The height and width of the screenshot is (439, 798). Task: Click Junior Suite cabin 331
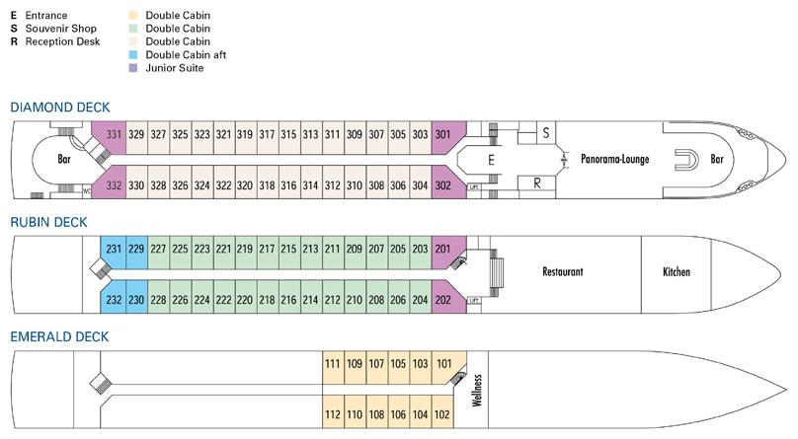click(114, 135)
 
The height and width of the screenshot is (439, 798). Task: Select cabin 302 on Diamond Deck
click(443, 185)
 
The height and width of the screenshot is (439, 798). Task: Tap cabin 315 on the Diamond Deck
click(288, 135)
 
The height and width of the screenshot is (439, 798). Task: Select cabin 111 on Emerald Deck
click(333, 363)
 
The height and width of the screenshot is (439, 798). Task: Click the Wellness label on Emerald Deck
click(477, 390)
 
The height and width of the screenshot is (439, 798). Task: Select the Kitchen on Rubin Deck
click(677, 271)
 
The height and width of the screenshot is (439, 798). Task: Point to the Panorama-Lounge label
click(615, 159)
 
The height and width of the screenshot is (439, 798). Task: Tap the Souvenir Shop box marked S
click(545, 131)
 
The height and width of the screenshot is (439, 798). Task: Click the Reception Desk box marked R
click(536, 183)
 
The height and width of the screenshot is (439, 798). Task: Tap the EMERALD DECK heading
click(59, 336)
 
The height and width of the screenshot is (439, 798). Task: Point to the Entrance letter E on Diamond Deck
click(490, 158)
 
